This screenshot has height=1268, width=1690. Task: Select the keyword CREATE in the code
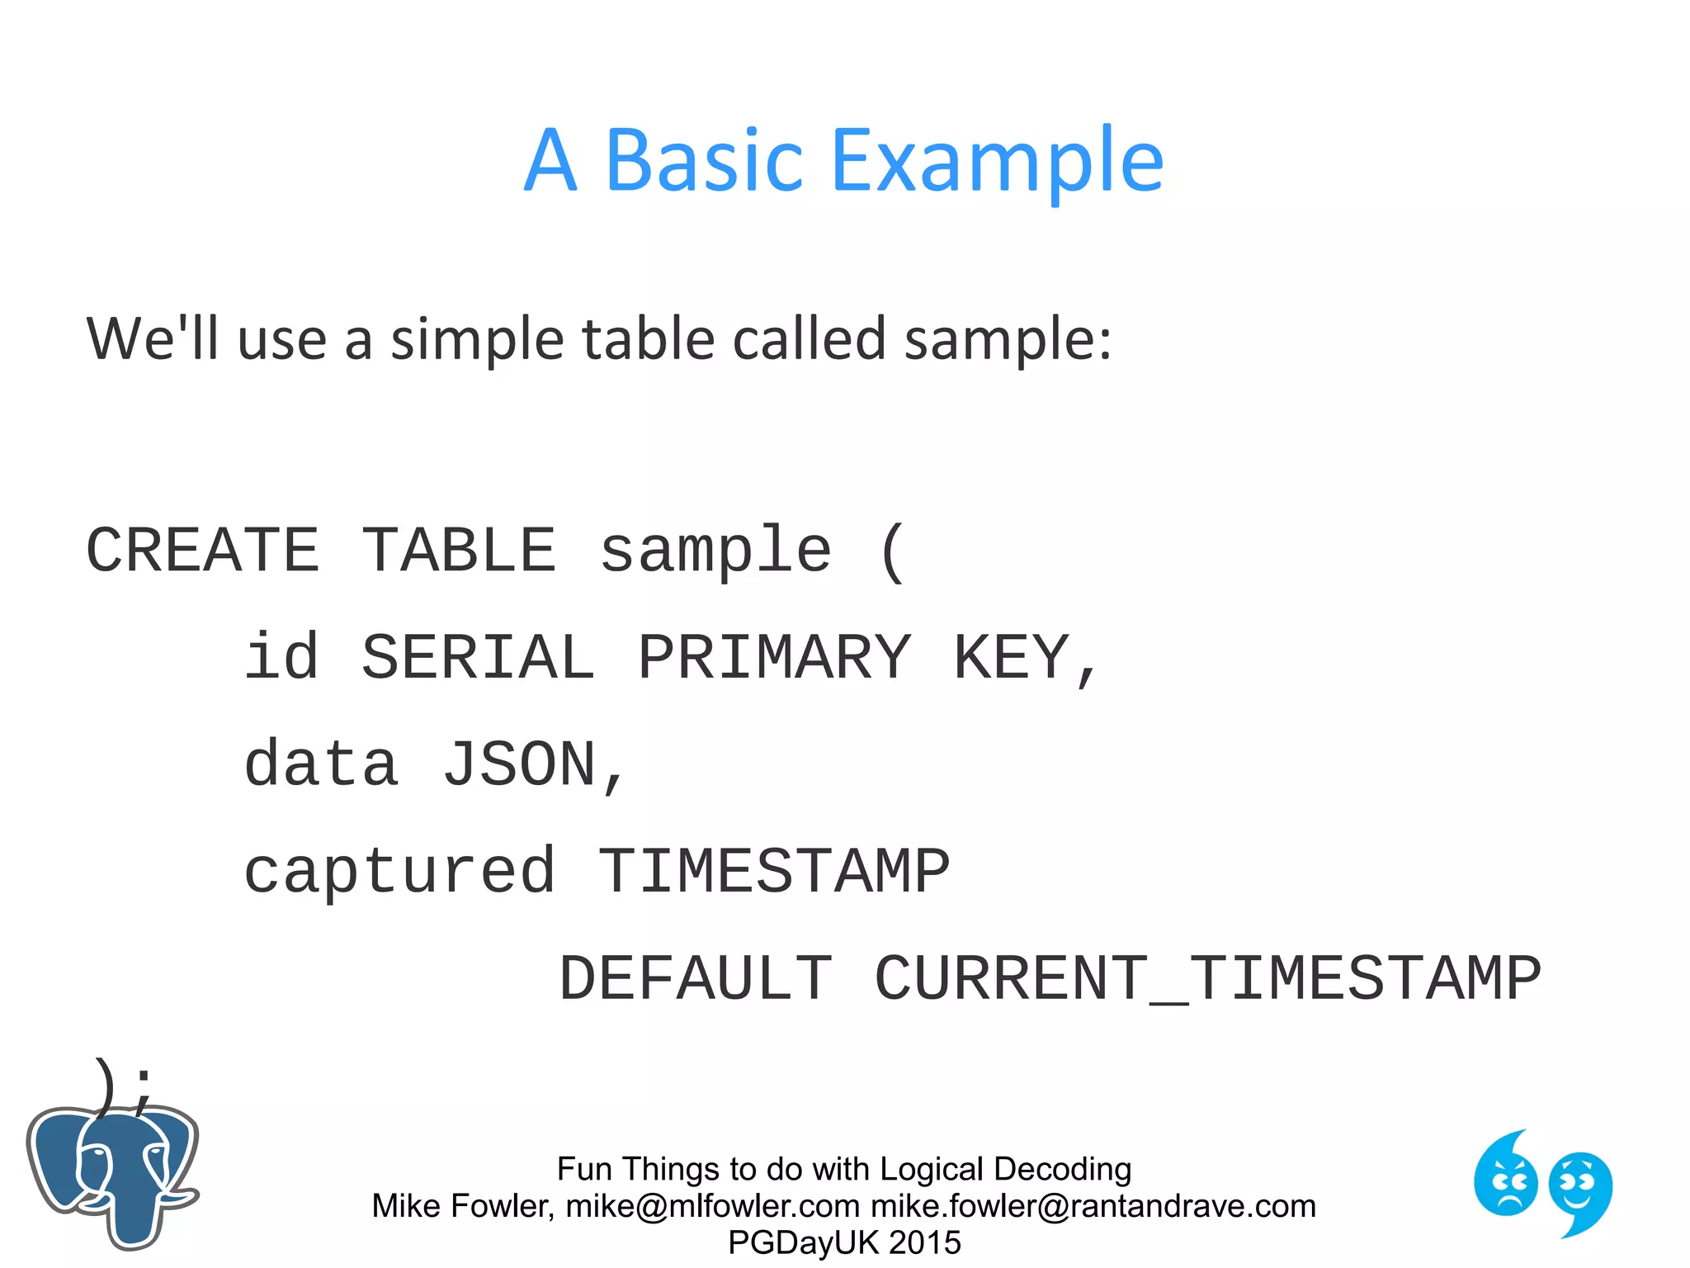[202, 551]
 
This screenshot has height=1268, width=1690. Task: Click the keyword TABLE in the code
[459, 551]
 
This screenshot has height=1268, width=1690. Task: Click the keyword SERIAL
[478, 658]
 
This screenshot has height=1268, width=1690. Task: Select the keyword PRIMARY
[774, 658]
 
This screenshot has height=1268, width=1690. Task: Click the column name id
[281, 658]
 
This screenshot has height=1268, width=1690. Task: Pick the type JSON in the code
[519, 765]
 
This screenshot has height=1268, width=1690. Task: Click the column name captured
[399, 873]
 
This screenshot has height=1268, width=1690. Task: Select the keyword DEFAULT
[695, 979]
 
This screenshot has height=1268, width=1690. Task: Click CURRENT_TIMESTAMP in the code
[1207, 979]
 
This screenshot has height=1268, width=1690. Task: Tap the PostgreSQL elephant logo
[113, 1176]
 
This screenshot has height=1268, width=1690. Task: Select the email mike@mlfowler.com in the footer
[712, 1206]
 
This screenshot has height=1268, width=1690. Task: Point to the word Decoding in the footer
[1062, 1170]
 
